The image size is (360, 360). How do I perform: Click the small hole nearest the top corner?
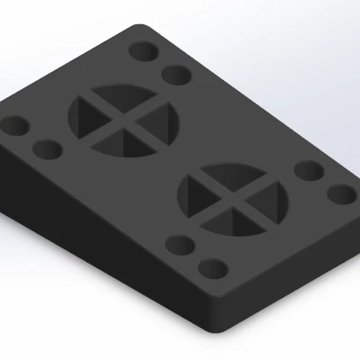141,49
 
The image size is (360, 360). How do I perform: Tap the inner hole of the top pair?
177,74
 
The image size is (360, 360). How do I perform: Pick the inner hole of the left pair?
46,147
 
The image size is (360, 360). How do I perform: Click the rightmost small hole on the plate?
342,193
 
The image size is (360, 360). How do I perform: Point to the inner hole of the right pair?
308,170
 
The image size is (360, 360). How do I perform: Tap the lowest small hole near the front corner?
212,269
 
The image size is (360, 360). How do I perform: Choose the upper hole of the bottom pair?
181,244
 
